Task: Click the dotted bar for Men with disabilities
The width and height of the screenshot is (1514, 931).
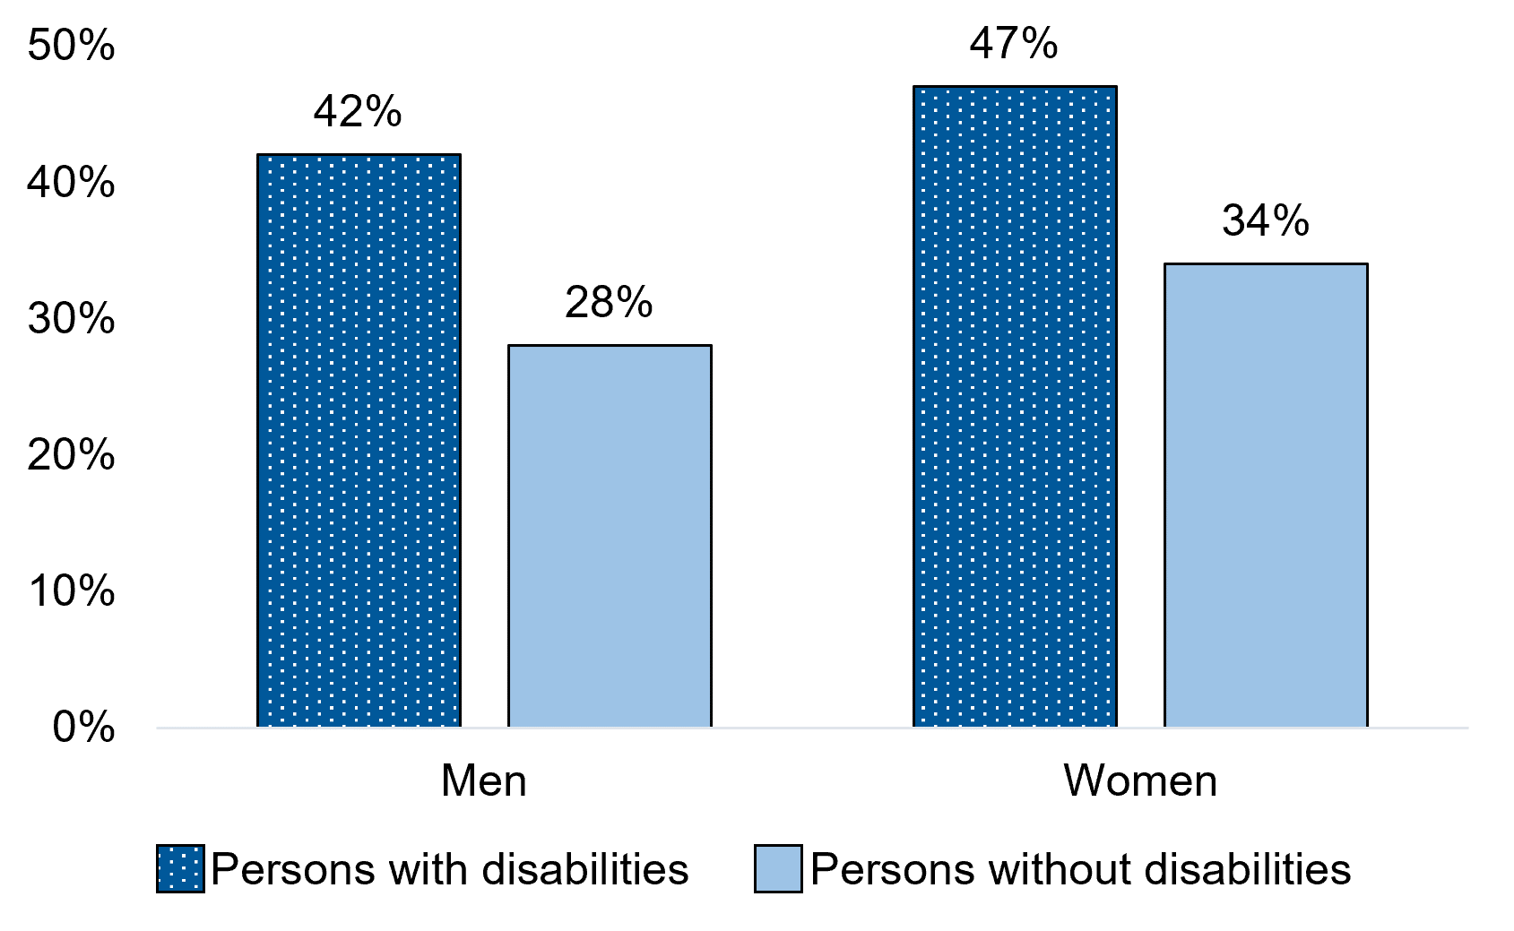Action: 359,440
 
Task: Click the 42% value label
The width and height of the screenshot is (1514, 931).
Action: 358,112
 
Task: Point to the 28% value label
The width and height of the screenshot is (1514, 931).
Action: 609,303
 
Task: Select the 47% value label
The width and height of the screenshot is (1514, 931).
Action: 1014,44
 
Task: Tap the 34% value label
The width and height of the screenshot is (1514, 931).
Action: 1265,221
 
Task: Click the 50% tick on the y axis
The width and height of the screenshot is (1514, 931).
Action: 72,46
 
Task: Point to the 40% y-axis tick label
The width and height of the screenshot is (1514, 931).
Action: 72,183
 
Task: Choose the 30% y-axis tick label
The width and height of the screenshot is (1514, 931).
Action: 72,319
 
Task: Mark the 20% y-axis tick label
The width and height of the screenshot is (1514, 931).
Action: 72,455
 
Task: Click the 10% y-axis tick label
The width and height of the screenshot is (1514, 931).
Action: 72,591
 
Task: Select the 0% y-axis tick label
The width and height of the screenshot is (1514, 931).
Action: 83,728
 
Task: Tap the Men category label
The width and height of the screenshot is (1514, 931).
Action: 484,781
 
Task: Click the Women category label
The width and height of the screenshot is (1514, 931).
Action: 1140,781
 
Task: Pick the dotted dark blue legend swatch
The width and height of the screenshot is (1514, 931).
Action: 180,868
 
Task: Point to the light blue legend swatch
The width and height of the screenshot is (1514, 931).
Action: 777,868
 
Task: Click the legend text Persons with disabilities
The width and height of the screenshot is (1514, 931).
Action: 450,869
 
